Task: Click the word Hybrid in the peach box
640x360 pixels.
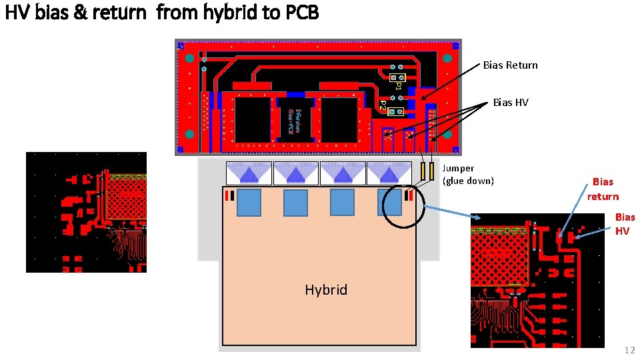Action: (326, 290)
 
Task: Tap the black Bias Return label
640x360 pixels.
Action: (510, 65)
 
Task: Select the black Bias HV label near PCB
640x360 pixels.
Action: (510, 103)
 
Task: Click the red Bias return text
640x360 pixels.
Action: (603, 189)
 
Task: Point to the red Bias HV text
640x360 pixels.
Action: (624, 224)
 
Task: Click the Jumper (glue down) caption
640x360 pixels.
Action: (468, 175)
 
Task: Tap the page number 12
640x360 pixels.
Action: (629, 350)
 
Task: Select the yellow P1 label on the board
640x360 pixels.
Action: (398, 85)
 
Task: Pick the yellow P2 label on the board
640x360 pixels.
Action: (383, 105)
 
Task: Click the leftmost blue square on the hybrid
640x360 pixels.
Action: (249, 202)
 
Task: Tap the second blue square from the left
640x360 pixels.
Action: (295, 203)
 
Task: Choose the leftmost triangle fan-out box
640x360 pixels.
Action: (249, 173)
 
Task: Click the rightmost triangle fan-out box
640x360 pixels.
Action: (389, 173)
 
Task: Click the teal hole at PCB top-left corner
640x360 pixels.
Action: (189, 59)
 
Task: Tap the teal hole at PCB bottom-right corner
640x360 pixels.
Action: (447, 134)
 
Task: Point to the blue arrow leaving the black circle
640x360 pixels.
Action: (447, 211)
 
